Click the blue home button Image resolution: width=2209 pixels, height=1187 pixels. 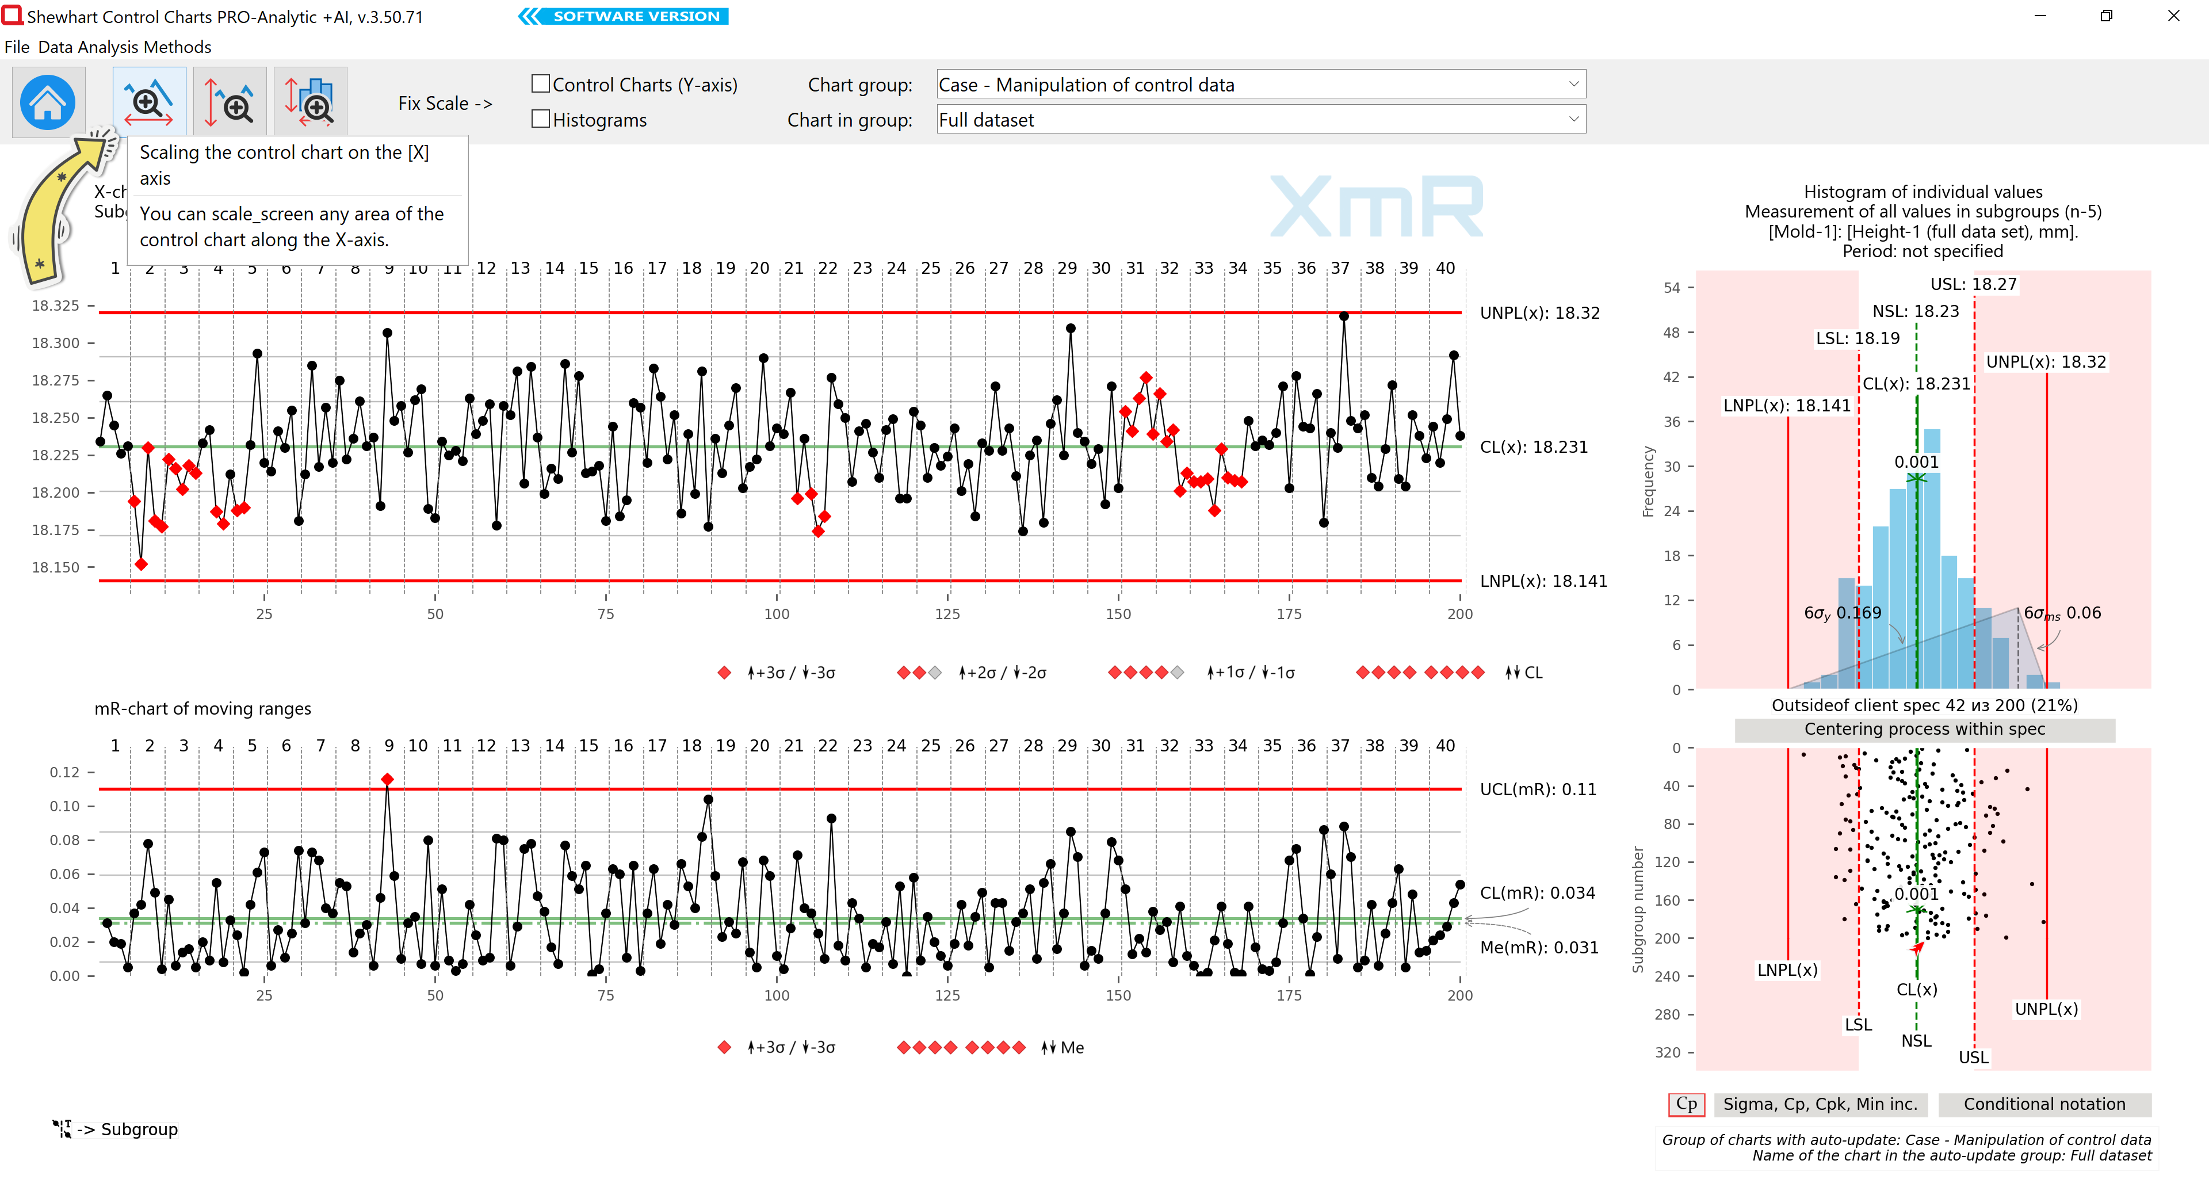[48, 102]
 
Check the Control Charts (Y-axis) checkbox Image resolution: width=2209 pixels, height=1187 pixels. [540, 84]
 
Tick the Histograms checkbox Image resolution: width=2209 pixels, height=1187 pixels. [540, 119]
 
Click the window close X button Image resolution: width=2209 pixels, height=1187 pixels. [2173, 16]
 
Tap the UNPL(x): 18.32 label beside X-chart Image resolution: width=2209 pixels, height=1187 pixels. [1539, 313]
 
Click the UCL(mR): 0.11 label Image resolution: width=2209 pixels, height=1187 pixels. [1538, 789]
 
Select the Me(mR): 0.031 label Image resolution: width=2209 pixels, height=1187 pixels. [1539, 948]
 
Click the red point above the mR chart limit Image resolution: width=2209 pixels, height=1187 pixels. [388, 780]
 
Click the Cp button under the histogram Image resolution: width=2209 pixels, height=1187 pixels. [1686, 1104]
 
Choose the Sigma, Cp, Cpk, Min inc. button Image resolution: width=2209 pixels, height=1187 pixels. [1820, 1104]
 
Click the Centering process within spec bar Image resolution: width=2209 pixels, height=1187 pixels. [1924, 729]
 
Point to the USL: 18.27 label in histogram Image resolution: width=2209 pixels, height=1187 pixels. [1973, 284]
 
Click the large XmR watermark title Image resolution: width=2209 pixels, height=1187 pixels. [1377, 206]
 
